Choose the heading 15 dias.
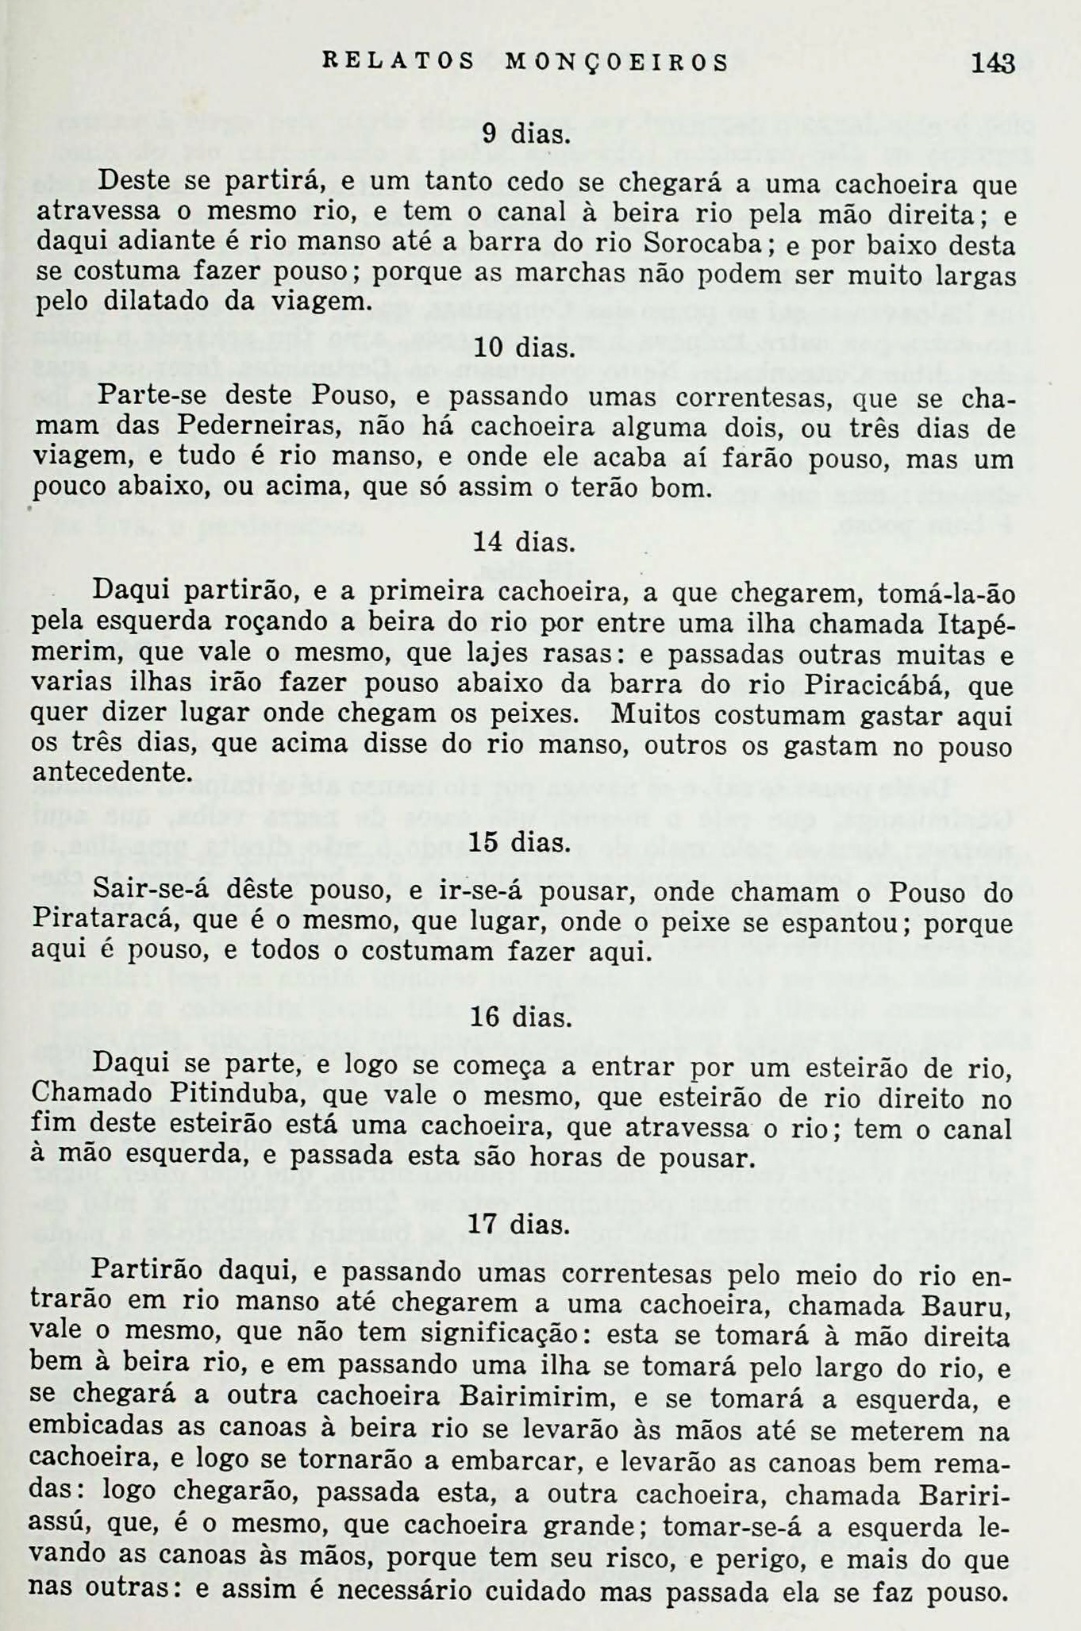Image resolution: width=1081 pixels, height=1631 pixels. click(520, 842)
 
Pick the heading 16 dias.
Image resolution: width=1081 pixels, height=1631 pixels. click(520, 1017)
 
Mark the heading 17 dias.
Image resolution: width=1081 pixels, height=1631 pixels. click(519, 1225)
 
